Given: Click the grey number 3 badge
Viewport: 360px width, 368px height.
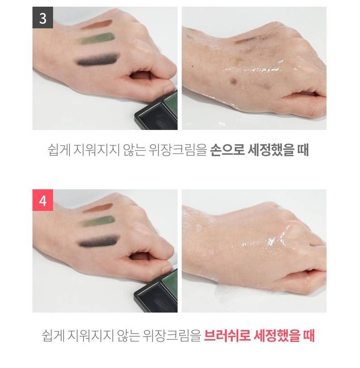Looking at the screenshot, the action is click(42, 17).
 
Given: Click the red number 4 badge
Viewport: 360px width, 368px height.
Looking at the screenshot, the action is click(42, 200).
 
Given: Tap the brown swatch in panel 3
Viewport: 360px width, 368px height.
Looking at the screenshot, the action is click(97, 24).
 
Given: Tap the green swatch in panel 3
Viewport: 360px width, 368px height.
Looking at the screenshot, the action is click(97, 39).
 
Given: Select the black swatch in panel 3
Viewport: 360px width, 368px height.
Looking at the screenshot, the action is click(97, 60).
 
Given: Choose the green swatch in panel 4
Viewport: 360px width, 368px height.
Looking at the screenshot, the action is click(97, 221).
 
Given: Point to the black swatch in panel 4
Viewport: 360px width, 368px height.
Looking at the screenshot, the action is click(98, 241).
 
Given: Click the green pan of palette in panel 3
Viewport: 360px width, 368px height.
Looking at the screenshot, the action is click(171, 104).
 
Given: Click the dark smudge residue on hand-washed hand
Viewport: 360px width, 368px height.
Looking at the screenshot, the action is click(234, 81).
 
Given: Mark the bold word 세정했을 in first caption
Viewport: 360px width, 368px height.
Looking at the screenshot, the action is click(271, 150).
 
